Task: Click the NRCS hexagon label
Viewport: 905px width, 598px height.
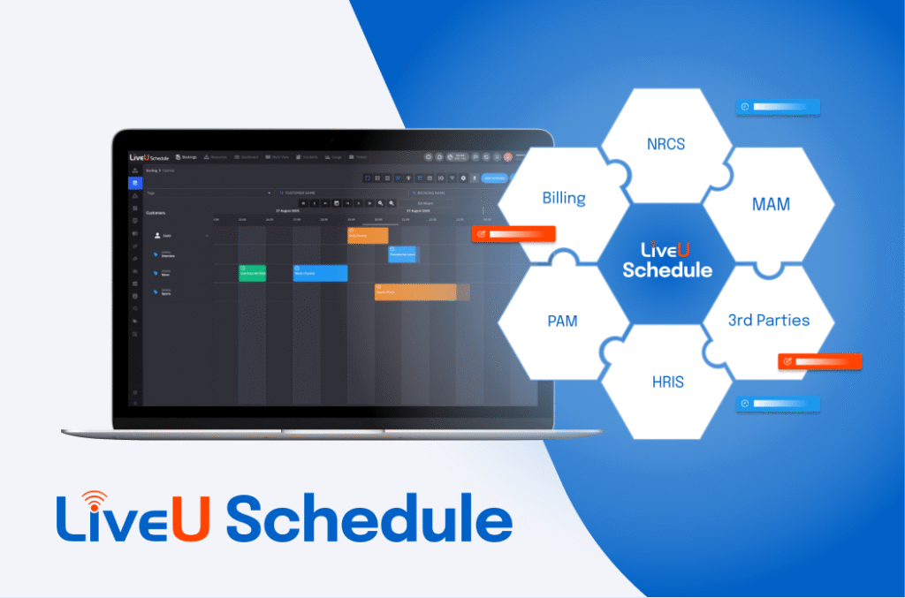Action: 665,143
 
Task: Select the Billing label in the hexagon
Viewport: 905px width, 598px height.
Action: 564,197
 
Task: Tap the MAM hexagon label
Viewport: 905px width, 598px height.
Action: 770,204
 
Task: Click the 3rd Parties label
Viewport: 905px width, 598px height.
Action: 768,320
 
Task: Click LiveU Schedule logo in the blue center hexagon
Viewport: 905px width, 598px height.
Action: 666,261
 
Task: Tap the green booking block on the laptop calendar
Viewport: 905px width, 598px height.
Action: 252,273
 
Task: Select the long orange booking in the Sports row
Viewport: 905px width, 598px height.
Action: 414,291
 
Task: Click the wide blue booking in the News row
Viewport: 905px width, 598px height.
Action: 320,273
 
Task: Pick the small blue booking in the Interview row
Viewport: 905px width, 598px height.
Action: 402,254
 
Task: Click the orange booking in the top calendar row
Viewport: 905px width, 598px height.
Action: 368,235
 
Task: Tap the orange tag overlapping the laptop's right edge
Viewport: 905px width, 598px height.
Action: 513,234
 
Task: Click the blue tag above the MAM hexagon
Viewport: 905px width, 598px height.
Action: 778,107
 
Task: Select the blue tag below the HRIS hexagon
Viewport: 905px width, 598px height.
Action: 778,404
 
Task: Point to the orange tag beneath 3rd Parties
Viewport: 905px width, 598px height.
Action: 819,361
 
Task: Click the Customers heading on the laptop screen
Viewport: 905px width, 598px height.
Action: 156,213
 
